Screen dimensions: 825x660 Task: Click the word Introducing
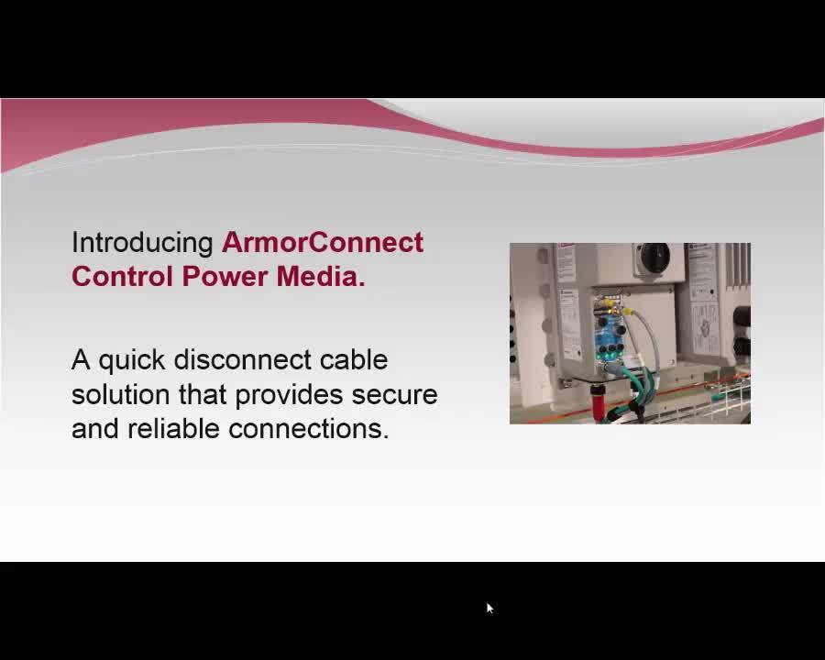click(x=142, y=244)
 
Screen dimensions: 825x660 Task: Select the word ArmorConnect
click(x=323, y=242)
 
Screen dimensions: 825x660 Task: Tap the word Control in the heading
click(x=122, y=276)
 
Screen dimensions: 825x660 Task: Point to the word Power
click(x=225, y=276)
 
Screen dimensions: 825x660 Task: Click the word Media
click(x=321, y=276)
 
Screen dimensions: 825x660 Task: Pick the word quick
click(x=131, y=361)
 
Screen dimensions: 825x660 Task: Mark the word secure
click(x=394, y=396)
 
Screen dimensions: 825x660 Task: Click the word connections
click(x=308, y=429)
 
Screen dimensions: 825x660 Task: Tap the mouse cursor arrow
click(x=489, y=609)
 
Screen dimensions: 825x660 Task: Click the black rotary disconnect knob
click(x=654, y=257)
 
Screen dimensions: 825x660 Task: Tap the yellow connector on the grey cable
click(x=628, y=312)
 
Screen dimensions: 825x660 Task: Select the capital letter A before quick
click(x=81, y=360)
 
